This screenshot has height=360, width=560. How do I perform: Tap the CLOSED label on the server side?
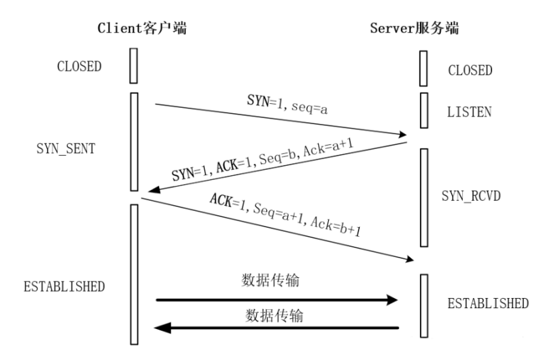coord(470,70)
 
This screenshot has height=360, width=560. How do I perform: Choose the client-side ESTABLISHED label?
coord(64,286)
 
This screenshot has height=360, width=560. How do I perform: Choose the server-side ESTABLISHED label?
coord(488,303)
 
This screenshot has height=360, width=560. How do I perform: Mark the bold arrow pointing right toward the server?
coord(276,299)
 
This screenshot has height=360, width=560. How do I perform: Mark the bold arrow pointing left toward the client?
coord(276,328)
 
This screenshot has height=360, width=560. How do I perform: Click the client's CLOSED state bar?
coord(134,65)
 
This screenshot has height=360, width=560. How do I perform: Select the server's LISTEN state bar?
coord(423,110)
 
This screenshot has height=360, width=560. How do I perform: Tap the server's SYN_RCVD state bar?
coord(424,197)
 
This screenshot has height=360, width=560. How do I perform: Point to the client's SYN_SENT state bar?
coord(134,142)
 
